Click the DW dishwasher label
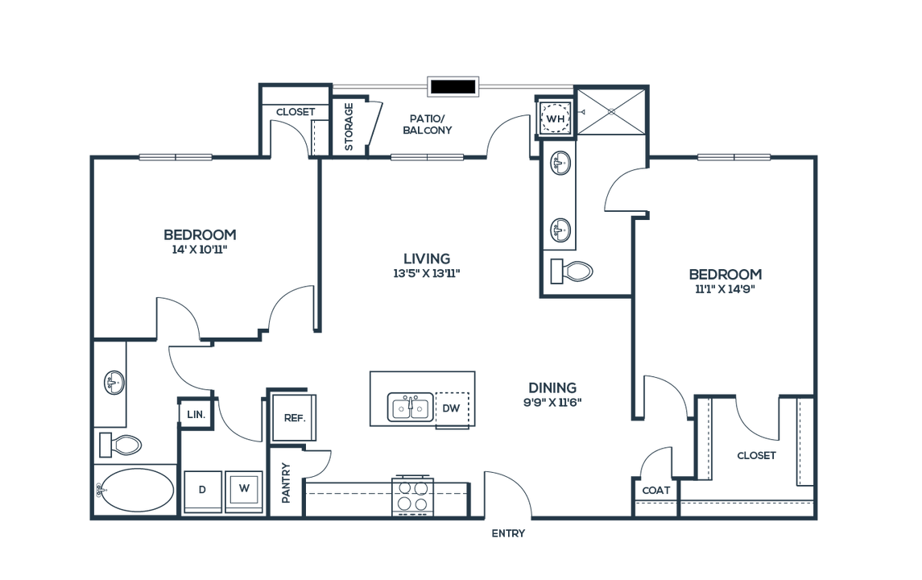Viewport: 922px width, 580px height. [452, 408]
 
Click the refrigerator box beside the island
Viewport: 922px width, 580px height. [291, 416]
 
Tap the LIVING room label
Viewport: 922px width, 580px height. [427, 259]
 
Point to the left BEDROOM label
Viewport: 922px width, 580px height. [201, 234]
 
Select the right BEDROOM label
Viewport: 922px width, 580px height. [725, 275]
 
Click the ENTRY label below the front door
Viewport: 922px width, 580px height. [509, 533]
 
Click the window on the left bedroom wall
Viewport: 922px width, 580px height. [176, 157]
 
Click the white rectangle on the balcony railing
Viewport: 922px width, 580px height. [453, 86]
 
